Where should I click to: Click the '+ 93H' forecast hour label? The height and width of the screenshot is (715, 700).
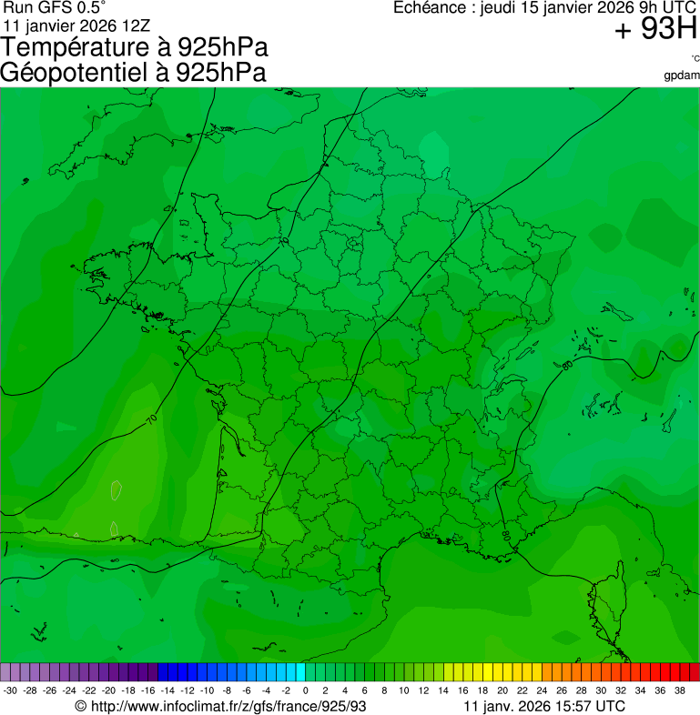pos(655,30)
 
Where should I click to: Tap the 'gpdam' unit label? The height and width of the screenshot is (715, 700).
pos(682,75)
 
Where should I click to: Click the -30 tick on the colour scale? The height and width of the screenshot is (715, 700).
pos(10,690)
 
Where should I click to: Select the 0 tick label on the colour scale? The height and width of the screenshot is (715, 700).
pos(305,690)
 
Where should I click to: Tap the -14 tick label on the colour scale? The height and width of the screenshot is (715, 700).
pos(167,690)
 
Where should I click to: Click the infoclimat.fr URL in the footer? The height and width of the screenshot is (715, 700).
pos(220,706)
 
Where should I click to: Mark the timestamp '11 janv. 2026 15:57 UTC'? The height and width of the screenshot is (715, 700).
pos(543,706)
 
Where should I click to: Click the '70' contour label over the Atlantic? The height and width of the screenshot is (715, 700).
pos(151,418)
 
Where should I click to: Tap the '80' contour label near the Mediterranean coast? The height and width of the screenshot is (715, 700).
pos(505,536)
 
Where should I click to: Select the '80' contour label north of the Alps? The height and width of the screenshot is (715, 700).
pos(567,365)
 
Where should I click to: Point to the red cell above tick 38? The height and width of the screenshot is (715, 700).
pos(694,672)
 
